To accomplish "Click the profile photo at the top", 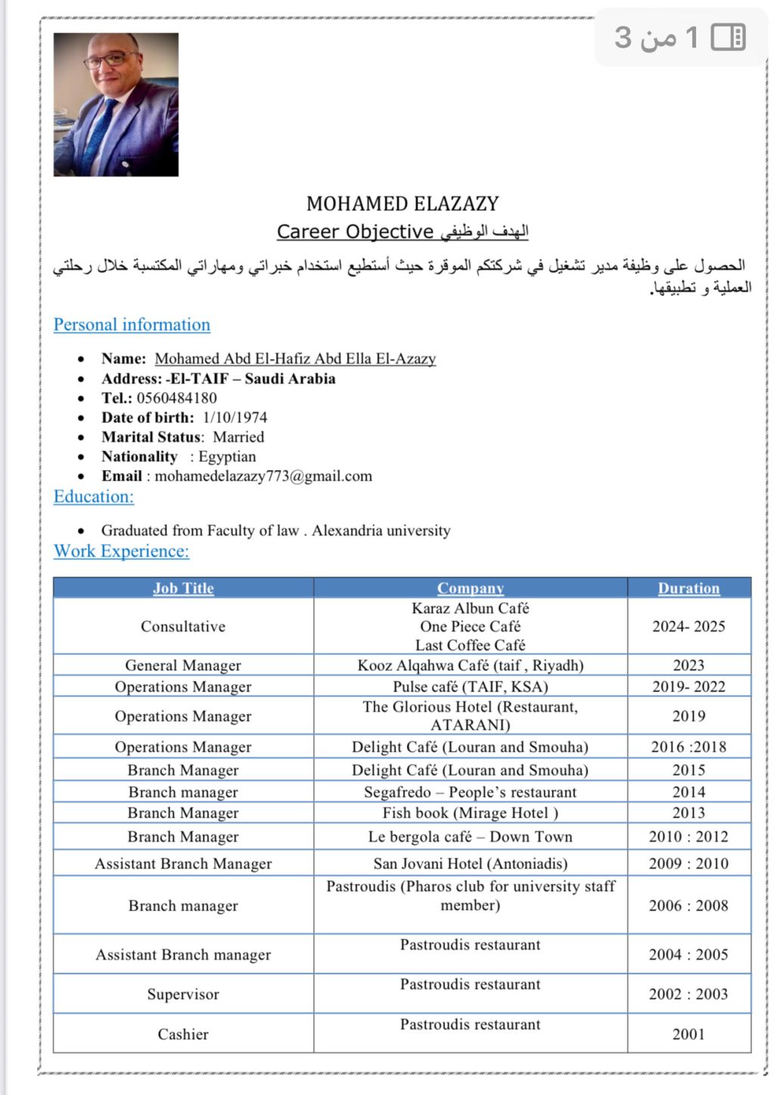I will [116, 104].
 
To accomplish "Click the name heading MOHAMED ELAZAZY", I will [402, 203].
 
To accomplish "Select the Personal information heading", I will [132, 325].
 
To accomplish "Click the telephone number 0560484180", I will [176, 398].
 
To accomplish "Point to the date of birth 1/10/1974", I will [234, 418].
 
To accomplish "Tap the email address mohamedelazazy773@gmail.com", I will [263, 476].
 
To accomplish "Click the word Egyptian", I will [227, 456].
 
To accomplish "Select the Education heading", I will [94, 496].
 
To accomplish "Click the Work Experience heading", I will [121, 551].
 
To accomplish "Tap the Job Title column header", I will [183, 588].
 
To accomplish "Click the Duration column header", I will [689, 588].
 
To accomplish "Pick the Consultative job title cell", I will [183, 626].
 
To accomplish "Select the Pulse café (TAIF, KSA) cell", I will [470, 687].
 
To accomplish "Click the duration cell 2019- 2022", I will [689, 687].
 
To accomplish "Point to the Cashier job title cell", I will [183, 1035].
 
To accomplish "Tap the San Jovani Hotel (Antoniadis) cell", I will [470, 864].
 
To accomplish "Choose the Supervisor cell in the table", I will [183, 994].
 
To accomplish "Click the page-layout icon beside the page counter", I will [729, 37].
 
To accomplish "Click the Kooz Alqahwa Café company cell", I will [470, 666].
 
